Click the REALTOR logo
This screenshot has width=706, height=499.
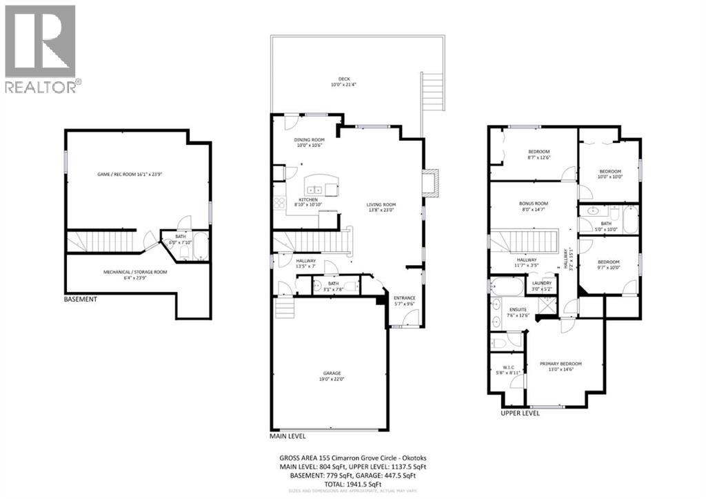pyautogui.click(x=41, y=48)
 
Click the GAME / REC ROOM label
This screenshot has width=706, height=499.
pyautogui.click(x=130, y=175)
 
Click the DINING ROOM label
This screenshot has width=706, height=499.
pyautogui.click(x=308, y=142)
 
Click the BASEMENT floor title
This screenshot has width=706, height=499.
pyautogui.click(x=80, y=300)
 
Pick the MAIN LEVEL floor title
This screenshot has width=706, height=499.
pyautogui.click(x=288, y=436)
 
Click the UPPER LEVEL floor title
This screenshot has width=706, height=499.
pyautogui.click(x=521, y=413)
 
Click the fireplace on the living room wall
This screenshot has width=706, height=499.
pyautogui.click(x=430, y=182)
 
